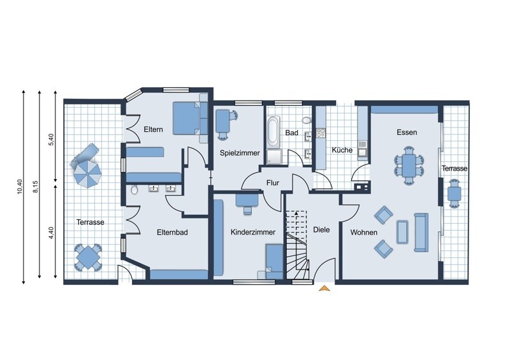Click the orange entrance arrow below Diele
coord(324,288)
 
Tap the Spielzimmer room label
coord(240,153)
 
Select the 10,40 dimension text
coord(20,187)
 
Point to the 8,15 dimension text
coord(36,187)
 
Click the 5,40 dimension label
coord(51,139)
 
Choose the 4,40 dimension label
coord(51,233)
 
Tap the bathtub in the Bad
coord(273,133)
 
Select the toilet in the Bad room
coord(306,120)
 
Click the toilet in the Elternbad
coord(135,190)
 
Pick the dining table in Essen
coord(409,165)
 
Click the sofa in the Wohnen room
coord(421,232)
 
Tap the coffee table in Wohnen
coord(402,232)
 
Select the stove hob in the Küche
coord(321,133)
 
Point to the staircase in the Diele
coord(297,245)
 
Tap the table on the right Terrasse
coord(454,194)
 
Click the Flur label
coord(273,183)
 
